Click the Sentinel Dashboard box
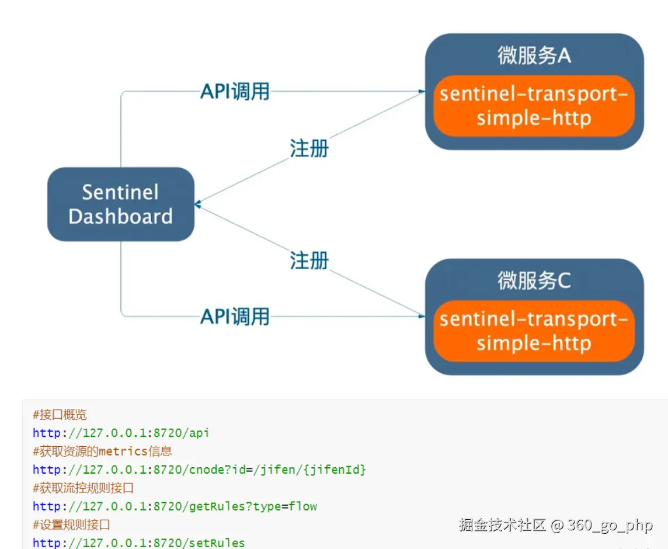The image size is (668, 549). (120, 204)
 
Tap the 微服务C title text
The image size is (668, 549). (534, 281)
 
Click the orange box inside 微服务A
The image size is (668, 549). (534, 106)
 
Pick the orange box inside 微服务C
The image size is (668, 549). (534, 331)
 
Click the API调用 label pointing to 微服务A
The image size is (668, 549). (235, 91)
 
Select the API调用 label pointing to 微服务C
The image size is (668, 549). (235, 317)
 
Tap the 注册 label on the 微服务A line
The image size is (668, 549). (309, 148)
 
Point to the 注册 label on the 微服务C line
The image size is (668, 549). (309, 260)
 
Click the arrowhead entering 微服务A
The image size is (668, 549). (420, 92)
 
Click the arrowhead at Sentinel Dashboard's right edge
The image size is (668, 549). (199, 204)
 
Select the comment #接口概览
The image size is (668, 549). (60, 415)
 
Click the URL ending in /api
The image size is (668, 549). (121, 433)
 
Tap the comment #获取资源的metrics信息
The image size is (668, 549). (102, 451)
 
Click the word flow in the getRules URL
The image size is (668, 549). (303, 506)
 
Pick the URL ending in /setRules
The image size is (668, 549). (139, 543)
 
